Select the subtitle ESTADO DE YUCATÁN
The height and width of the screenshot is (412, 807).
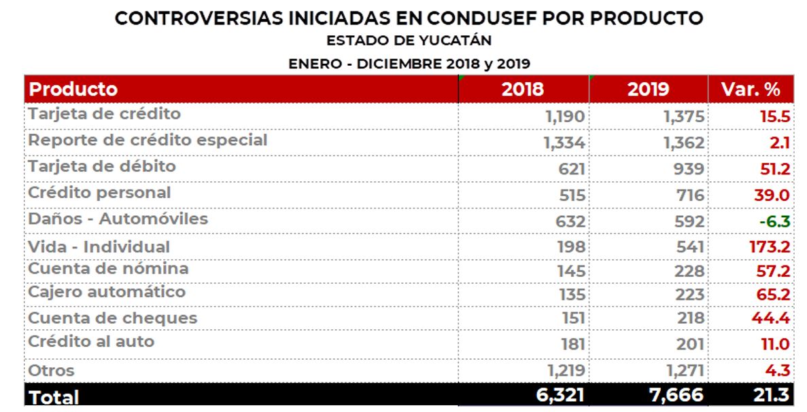pyautogui.click(x=409, y=41)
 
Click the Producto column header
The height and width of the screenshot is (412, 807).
pyautogui.click(x=73, y=89)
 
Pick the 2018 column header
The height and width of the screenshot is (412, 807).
pyautogui.click(x=522, y=89)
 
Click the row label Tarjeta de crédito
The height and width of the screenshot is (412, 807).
pyautogui.click(x=104, y=114)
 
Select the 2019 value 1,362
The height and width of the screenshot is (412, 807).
pyautogui.click(x=684, y=143)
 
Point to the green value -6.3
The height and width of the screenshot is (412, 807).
pyautogui.click(x=774, y=221)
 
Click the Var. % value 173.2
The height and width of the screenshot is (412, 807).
pyautogui.click(x=769, y=247)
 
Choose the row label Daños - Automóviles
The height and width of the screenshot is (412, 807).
pyautogui.click(x=118, y=219)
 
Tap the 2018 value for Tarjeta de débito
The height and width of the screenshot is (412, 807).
pyautogui.click(x=571, y=169)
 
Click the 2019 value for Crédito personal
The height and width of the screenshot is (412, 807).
pyautogui.click(x=690, y=195)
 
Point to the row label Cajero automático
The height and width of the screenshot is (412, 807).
pyautogui.click(x=106, y=292)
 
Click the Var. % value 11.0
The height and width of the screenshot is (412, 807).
pyautogui.click(x=774, y=344)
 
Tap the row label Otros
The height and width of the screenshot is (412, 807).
pyautogui.click(x=51, y=371)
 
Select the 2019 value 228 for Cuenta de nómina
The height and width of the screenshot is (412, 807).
pyautogui.click(x=690, y=271)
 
